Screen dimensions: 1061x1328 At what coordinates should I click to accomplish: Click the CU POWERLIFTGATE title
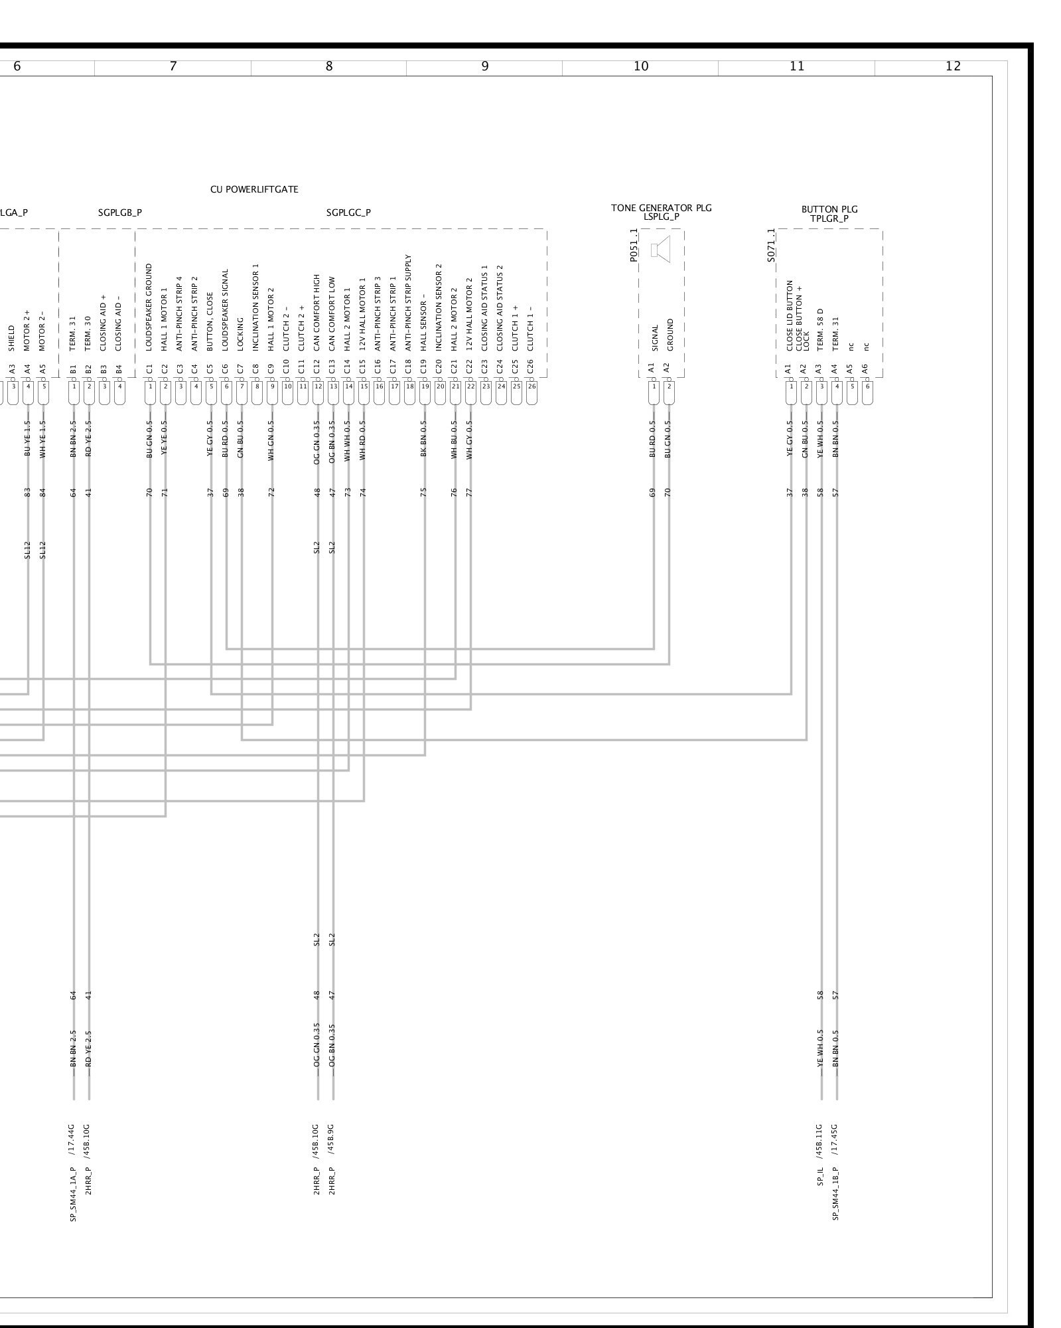pyautogui.click(x=254, y=189)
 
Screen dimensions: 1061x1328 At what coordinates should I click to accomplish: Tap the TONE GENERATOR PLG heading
pyautogui.click(x=661, y=208)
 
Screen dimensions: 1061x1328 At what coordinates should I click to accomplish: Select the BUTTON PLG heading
pyautogui.click(x=829, y=209)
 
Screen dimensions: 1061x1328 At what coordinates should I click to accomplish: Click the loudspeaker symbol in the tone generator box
pyautogui.click(x=661, y=250)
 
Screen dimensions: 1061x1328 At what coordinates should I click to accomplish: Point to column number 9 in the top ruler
pyautogui.click(x=485, y=66)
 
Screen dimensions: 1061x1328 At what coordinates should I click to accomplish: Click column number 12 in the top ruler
pyautogui.click(x=953, y=66)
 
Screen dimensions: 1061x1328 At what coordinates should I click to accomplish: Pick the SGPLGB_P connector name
pyautogui.click(x=120, y=212)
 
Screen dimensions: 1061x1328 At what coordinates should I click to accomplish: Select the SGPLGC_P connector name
pyautogui.click(x=348, y=212)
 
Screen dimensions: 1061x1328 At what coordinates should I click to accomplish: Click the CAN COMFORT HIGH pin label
pyautogui.click(x=317, y=313)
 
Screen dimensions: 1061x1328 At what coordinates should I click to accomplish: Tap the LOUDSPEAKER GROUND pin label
pyautogui.click(x=149, y=307)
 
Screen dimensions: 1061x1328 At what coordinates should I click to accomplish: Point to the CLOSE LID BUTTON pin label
pyautogui.click(x=790, y=315)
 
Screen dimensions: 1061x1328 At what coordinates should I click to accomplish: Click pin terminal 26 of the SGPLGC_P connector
pyautogui.click(x=531, y=386)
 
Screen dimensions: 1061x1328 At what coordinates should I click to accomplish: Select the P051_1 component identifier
pyautogui.click(x=634, y=246)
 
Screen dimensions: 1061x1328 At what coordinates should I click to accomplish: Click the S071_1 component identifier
pyautogui.click(x=771, y=246)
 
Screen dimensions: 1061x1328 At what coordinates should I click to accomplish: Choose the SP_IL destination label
pyautogui.click(x=820, y=1177)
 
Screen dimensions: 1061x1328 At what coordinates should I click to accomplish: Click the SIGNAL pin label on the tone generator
pyautogui.click(x=654, y=338)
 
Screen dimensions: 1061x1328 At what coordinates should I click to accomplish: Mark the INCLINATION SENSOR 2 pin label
pyautogui.click(x=439, y=307)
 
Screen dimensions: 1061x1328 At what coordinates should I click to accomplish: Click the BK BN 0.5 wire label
pyautogui.click(x=423, y=439)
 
